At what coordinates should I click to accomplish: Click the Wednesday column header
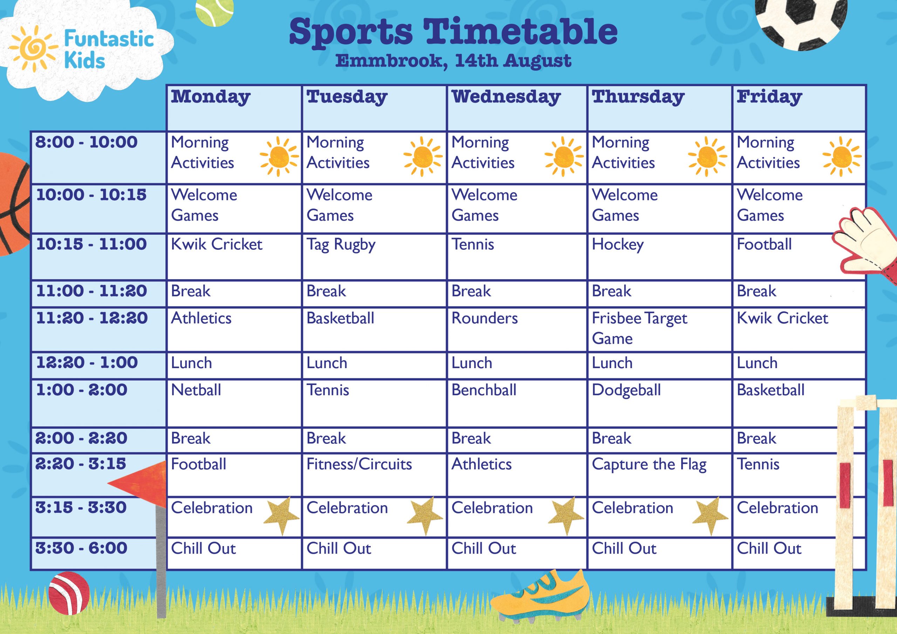[506, 97]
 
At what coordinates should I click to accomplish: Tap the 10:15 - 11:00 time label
[91, 244]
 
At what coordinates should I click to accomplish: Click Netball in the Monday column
[196, 390]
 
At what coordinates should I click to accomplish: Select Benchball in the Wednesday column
[484, 390]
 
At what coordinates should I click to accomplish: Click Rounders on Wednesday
[485, 318]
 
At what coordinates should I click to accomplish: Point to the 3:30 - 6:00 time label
[81, 548]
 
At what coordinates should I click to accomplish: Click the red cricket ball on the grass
[69, 593]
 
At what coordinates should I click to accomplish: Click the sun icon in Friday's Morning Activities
[842, 157]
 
